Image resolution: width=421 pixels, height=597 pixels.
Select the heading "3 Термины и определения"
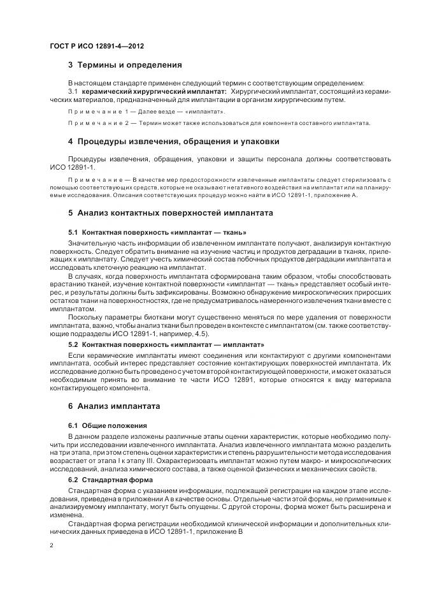click(125, 65)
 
